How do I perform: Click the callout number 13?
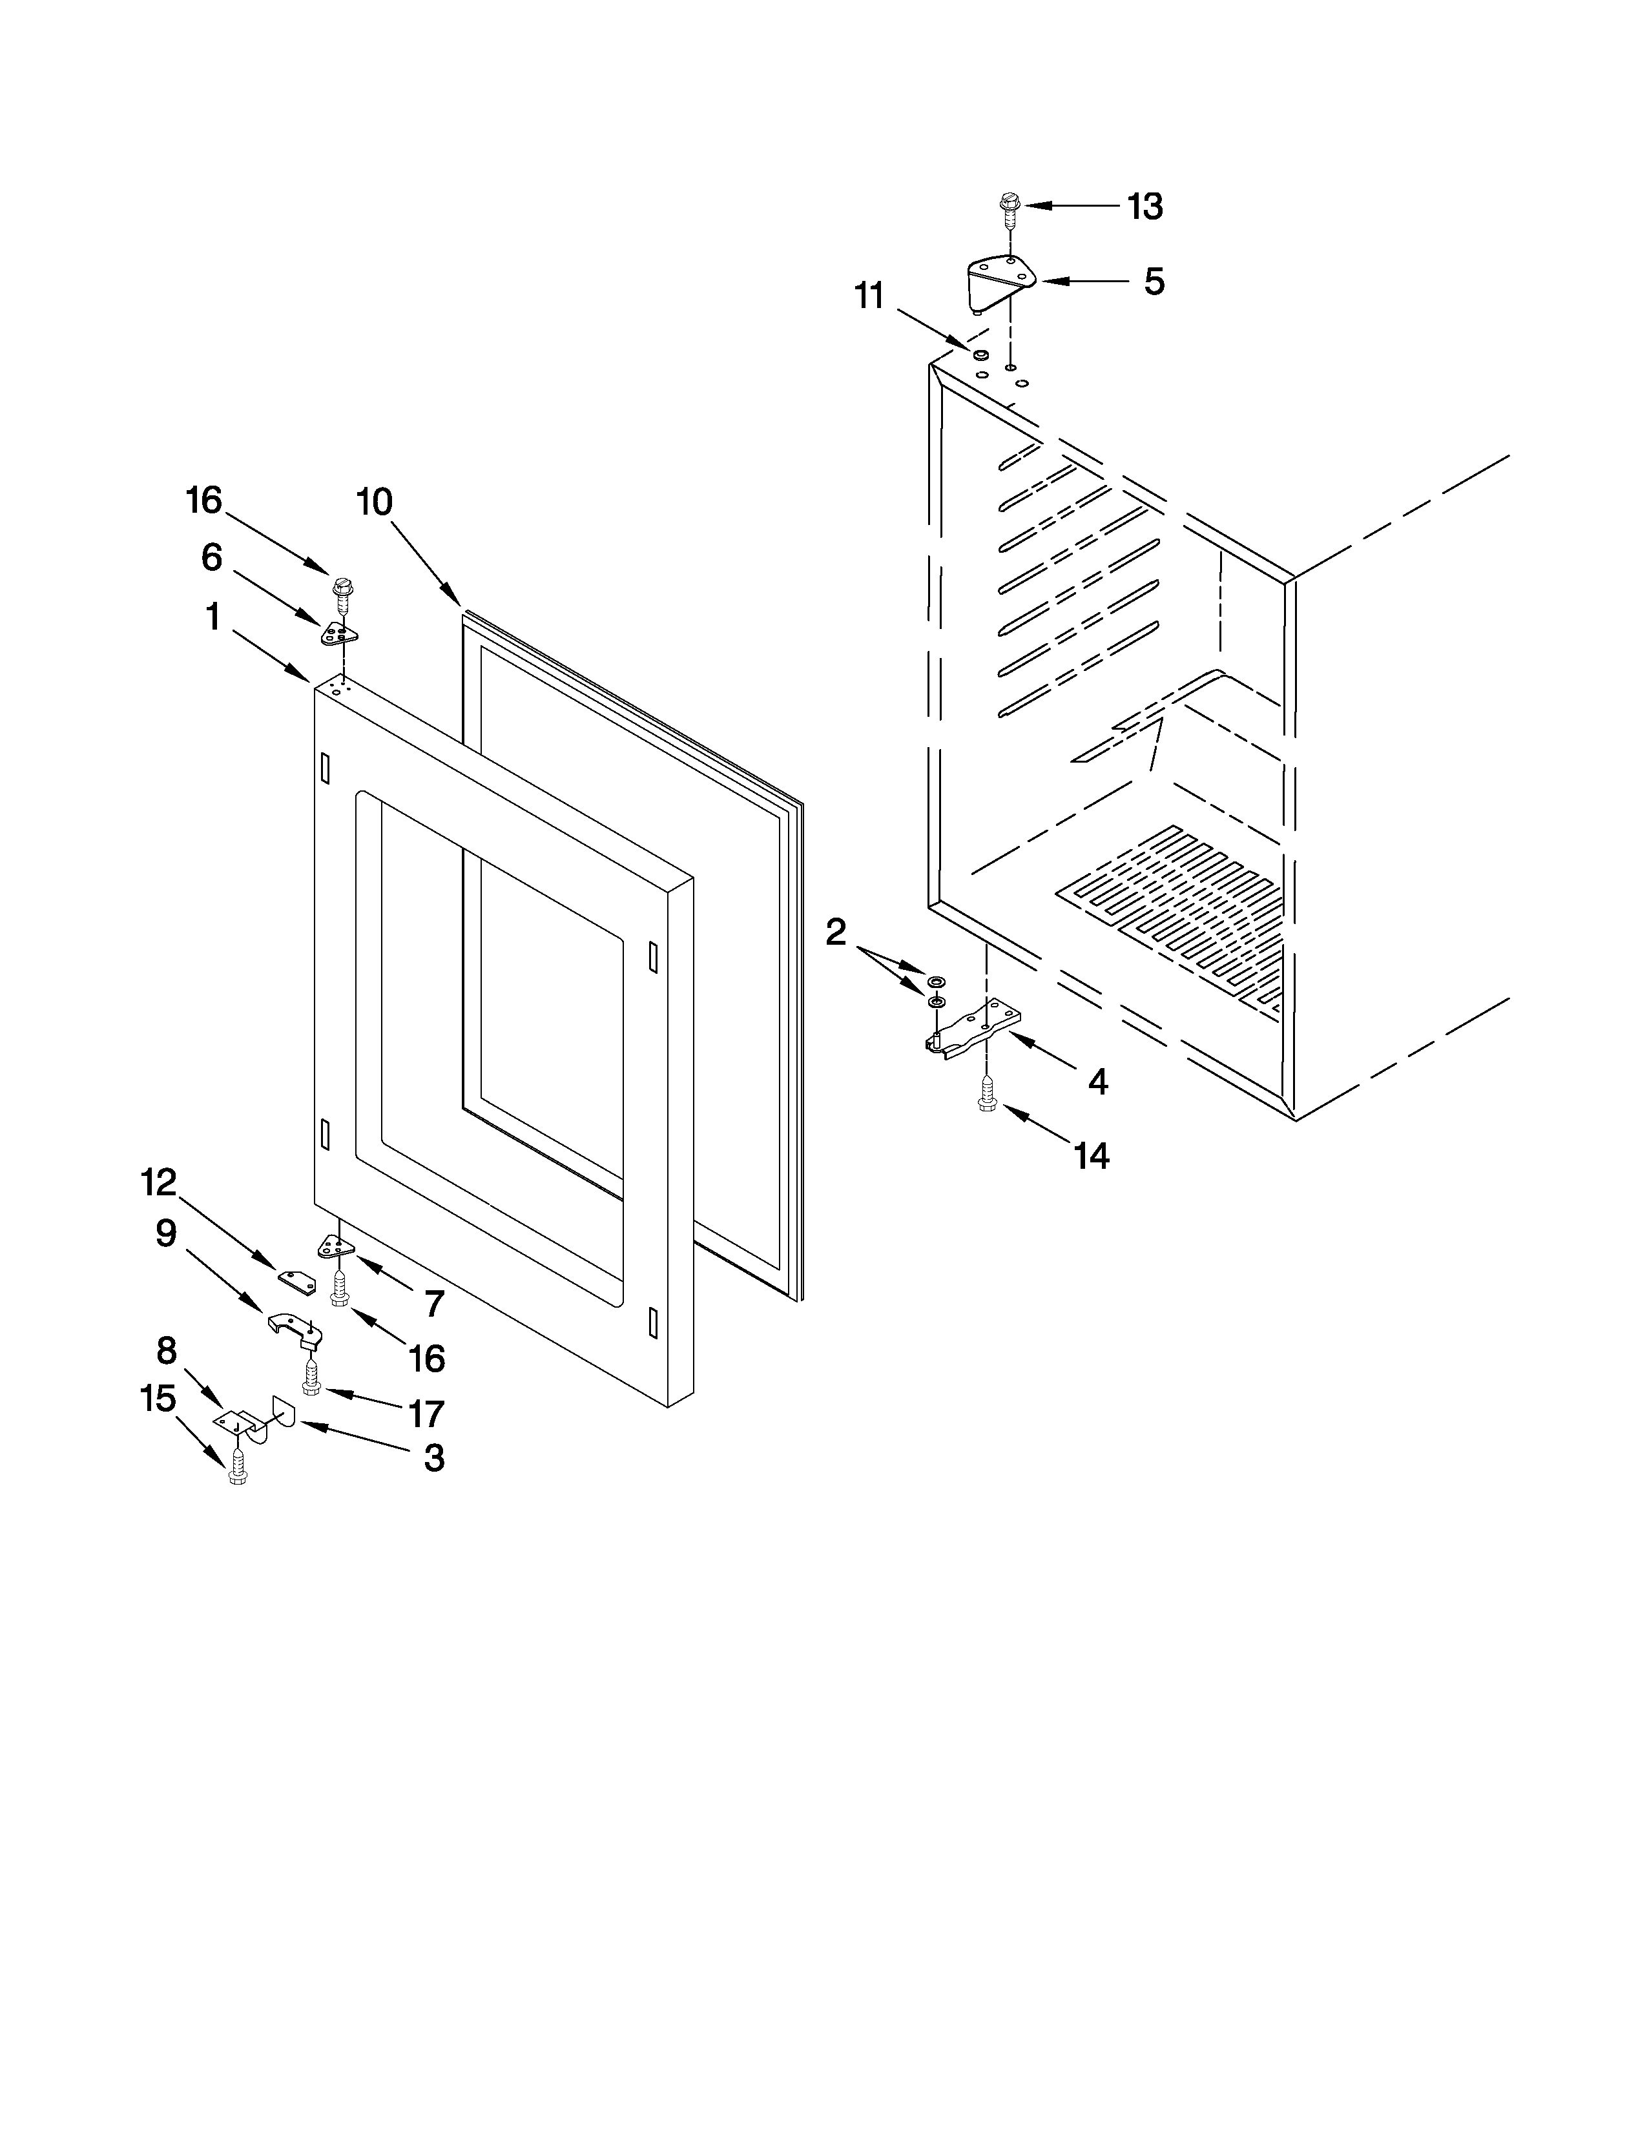click(x=1146, y=207)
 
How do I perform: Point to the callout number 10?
click(x=375, y=502)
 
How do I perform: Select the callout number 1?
click(x=212, y=617)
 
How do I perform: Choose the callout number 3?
click(x=433, y=1457)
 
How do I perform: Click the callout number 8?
click(x=166, y=1350)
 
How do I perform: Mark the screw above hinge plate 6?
click(x=342, y=592)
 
